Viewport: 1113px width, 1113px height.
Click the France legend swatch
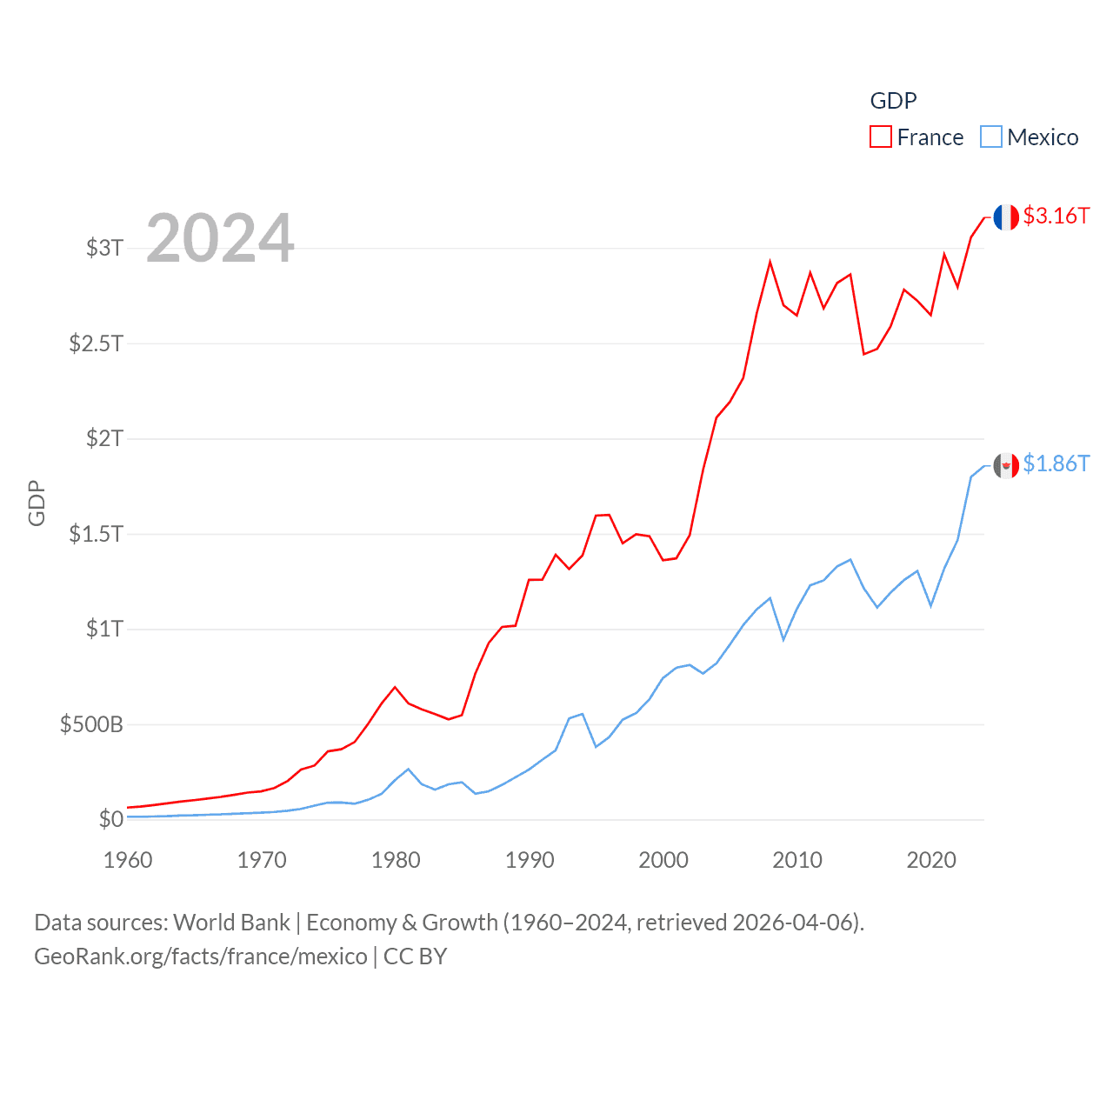coord(881,137)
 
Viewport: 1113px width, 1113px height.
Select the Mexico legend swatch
coord(991,137)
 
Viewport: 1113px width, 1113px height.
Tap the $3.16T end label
coord(1056,216)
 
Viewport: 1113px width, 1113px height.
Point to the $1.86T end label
coord(1056,463)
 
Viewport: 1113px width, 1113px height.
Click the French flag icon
coord(1006,217)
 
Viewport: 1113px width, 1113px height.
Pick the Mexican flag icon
coord(1006,466)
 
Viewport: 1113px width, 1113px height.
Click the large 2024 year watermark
coord(220,238)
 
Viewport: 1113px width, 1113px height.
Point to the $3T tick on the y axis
coord(104,248)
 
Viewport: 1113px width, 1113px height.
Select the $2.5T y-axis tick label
coord(96,343)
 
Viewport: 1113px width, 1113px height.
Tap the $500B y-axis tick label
coord(91,724)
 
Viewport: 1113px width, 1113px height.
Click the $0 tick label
coord(110,819)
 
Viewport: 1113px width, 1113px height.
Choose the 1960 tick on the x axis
coord(128,860)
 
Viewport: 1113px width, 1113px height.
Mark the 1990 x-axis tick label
coord(530,860)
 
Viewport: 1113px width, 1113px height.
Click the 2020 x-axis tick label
coord(931,860)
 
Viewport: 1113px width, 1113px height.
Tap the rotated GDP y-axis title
coord(37,503)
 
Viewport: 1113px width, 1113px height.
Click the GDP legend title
coord(893,101)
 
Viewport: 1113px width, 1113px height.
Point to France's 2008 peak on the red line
coord(770,262)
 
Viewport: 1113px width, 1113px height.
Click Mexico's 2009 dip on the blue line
coord(783,639)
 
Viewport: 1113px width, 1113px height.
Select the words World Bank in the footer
coord(230,923)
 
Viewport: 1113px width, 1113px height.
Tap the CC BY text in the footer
coord(415,956)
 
